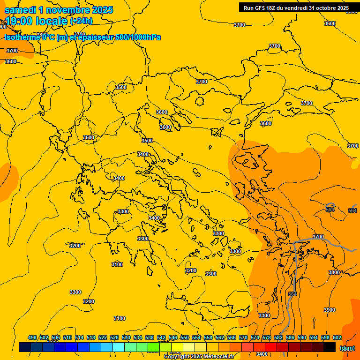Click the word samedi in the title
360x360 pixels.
click(x=20, y=10)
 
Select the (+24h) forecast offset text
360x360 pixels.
click(x=81, y=21)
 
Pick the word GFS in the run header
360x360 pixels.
click(x=260, y=8)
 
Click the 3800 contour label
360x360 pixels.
click(x=334, y=272)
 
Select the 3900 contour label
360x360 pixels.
click(x=330, y=310)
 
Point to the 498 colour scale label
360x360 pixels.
click(x=32, y=337)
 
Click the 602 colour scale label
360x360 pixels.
click(x=337, y=337)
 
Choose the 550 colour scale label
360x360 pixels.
click(x=185, y=337)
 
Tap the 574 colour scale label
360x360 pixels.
click(x=255, y=337)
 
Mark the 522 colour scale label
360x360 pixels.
click(x=103, y=337)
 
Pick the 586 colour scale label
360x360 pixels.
click(x=290, y=337)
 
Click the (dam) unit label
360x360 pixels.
click(x=347, y=348)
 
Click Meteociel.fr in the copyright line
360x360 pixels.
click(x=218, y=356)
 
